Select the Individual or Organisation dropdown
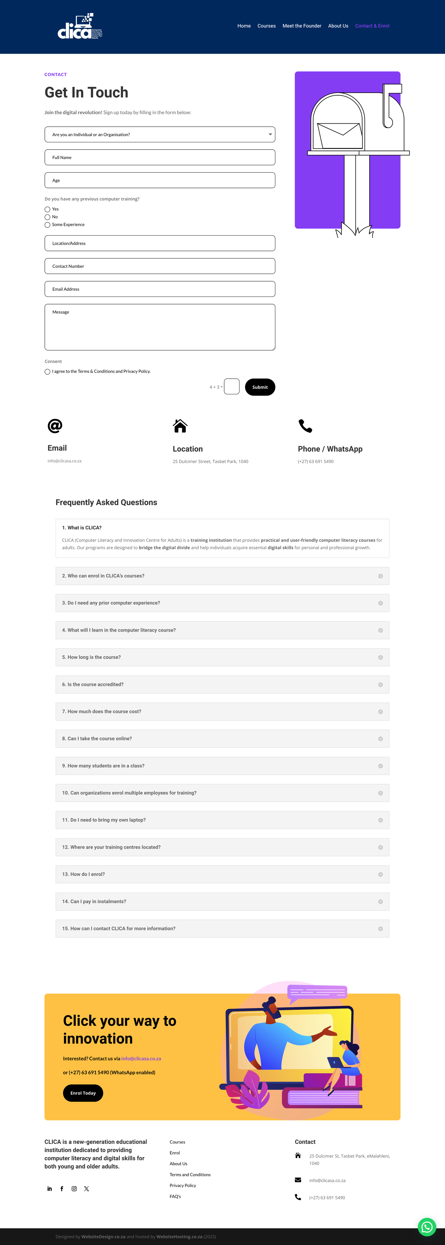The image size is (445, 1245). pos(160,134)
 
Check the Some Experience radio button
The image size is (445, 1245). pos(47,225)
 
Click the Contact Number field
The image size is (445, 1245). pos(160,266)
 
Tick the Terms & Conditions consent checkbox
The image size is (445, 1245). pos(47,372)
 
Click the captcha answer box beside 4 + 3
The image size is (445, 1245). pos(232,387)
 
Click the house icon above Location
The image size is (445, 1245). pos(180,426)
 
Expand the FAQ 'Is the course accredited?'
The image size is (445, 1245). pos(222,684)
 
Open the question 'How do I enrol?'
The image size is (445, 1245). pos(222,874)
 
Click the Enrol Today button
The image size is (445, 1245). pos(83,1093)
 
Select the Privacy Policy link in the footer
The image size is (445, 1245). pos(183,1186)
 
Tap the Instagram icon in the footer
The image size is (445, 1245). pos(74,1189)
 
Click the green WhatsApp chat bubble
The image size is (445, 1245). pos(427,1227)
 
